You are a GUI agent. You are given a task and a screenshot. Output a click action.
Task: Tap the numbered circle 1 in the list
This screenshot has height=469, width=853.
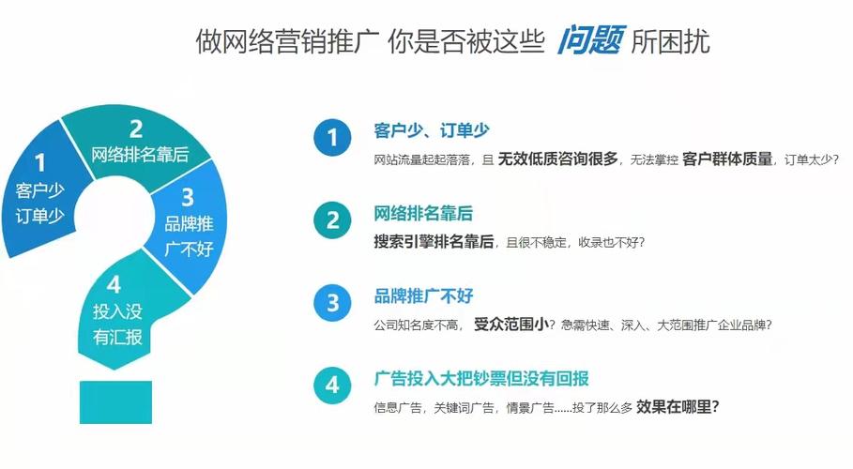[x=332, y=138]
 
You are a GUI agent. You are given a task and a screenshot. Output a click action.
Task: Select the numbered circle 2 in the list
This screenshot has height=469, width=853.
[x=332, y=220]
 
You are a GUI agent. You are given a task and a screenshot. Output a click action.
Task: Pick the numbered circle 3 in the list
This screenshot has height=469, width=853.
[x=332, y=302]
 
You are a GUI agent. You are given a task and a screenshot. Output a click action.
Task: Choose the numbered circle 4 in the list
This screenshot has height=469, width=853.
[x=332, y=385]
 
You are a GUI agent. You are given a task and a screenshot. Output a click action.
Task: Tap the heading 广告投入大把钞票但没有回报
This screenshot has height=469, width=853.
[x=481, y=378]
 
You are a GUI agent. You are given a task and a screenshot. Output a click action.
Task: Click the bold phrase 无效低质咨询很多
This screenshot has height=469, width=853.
[x=557, y=159]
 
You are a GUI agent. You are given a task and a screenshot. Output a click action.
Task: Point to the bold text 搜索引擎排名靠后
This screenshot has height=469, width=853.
[x=434, y=241]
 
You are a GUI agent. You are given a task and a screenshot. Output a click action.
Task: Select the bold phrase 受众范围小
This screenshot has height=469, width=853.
[x=510, y=324]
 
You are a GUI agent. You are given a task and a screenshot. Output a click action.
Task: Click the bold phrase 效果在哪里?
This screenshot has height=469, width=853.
[x=678, y=406]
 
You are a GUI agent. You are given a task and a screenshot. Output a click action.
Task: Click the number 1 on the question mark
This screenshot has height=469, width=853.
[x=39, y=165]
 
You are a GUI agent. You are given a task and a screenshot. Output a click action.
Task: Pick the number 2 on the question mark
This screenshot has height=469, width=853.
[x=137, y=129]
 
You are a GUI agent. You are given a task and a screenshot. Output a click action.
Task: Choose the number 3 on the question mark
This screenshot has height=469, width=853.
[x=188, y=197]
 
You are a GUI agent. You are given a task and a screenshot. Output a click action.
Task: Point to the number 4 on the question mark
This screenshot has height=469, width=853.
[x=114, y=285]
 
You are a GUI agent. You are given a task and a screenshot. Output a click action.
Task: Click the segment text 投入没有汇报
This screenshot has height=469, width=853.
[x=117, y=324]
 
